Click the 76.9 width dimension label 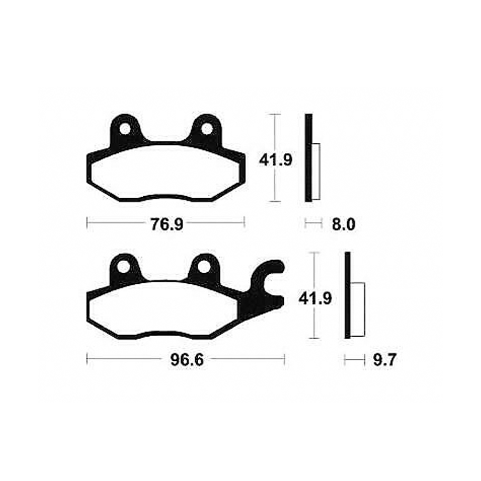coord(166,224)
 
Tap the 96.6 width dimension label coord(187,360)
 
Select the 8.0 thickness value coord(343,224)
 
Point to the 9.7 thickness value coord(385,360)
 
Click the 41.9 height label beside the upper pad coord(276,160)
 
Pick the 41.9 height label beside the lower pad coord(315,299)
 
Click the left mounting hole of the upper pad coord(125,129)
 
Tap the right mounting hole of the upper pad coord(207,129)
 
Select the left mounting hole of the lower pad coord(124,267)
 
